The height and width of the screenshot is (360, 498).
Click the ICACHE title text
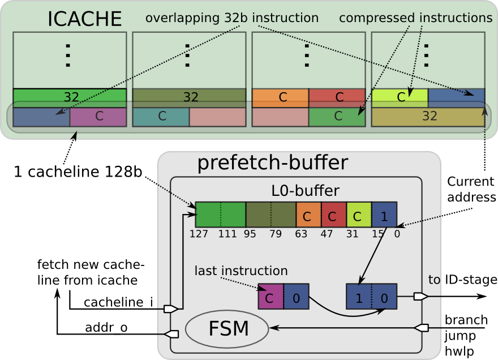click(85, 19)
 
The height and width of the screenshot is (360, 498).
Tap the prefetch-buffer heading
click(272, 163)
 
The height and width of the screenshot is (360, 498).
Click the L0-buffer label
click(305, 190)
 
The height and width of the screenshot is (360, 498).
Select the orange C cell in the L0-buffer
click(308, 215)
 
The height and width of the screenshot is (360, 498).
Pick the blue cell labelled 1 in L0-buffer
click(384, 215)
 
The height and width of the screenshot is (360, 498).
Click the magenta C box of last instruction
click(270, 297)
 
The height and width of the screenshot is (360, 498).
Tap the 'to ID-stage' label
click(462, 280)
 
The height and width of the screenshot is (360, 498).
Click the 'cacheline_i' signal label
click(118, 303)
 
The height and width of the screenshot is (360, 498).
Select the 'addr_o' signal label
click(106, 328)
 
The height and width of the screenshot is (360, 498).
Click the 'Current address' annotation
click(471, 189)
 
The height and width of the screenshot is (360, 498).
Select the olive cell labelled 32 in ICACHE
click(427, 117)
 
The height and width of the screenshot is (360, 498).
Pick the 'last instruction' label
click(241, 271)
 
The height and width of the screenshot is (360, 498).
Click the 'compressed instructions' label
click(415, 18)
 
